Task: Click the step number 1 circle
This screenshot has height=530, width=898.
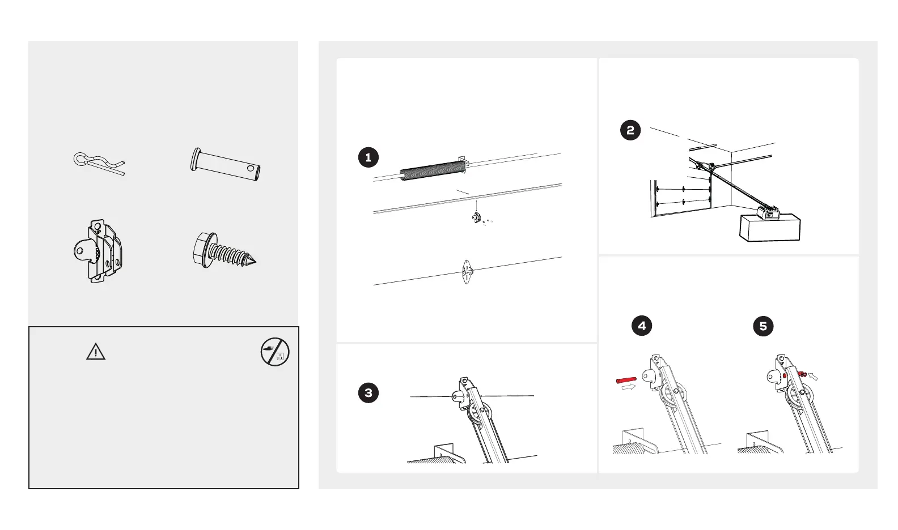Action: click(x=368, y=157)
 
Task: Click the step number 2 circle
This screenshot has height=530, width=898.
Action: click(x=630, y=130)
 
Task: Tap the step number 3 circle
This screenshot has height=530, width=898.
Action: click(x=368, y=393)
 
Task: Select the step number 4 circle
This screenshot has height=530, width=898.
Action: click(x=642, y=326)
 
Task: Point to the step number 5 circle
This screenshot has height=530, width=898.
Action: click(x=763, y=326)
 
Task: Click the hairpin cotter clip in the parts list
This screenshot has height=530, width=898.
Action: click(x=98, y=164)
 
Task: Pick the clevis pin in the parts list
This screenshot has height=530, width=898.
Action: click(x=226, y=164)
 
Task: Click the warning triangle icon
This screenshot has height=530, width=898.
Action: click(x=96, y=352)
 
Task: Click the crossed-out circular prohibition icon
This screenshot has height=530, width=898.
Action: click(x=275, y=352)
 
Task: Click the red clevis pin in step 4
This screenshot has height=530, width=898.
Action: click(x=626, y=379)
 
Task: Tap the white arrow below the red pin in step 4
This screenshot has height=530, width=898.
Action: click(x=629, y=388)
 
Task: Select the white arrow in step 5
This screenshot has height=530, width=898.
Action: click(x=814, y=375)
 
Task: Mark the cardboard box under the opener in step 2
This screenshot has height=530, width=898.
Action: click(x=770, y=229)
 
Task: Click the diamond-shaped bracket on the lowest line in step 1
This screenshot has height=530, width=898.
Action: click(x=467, y=272)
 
